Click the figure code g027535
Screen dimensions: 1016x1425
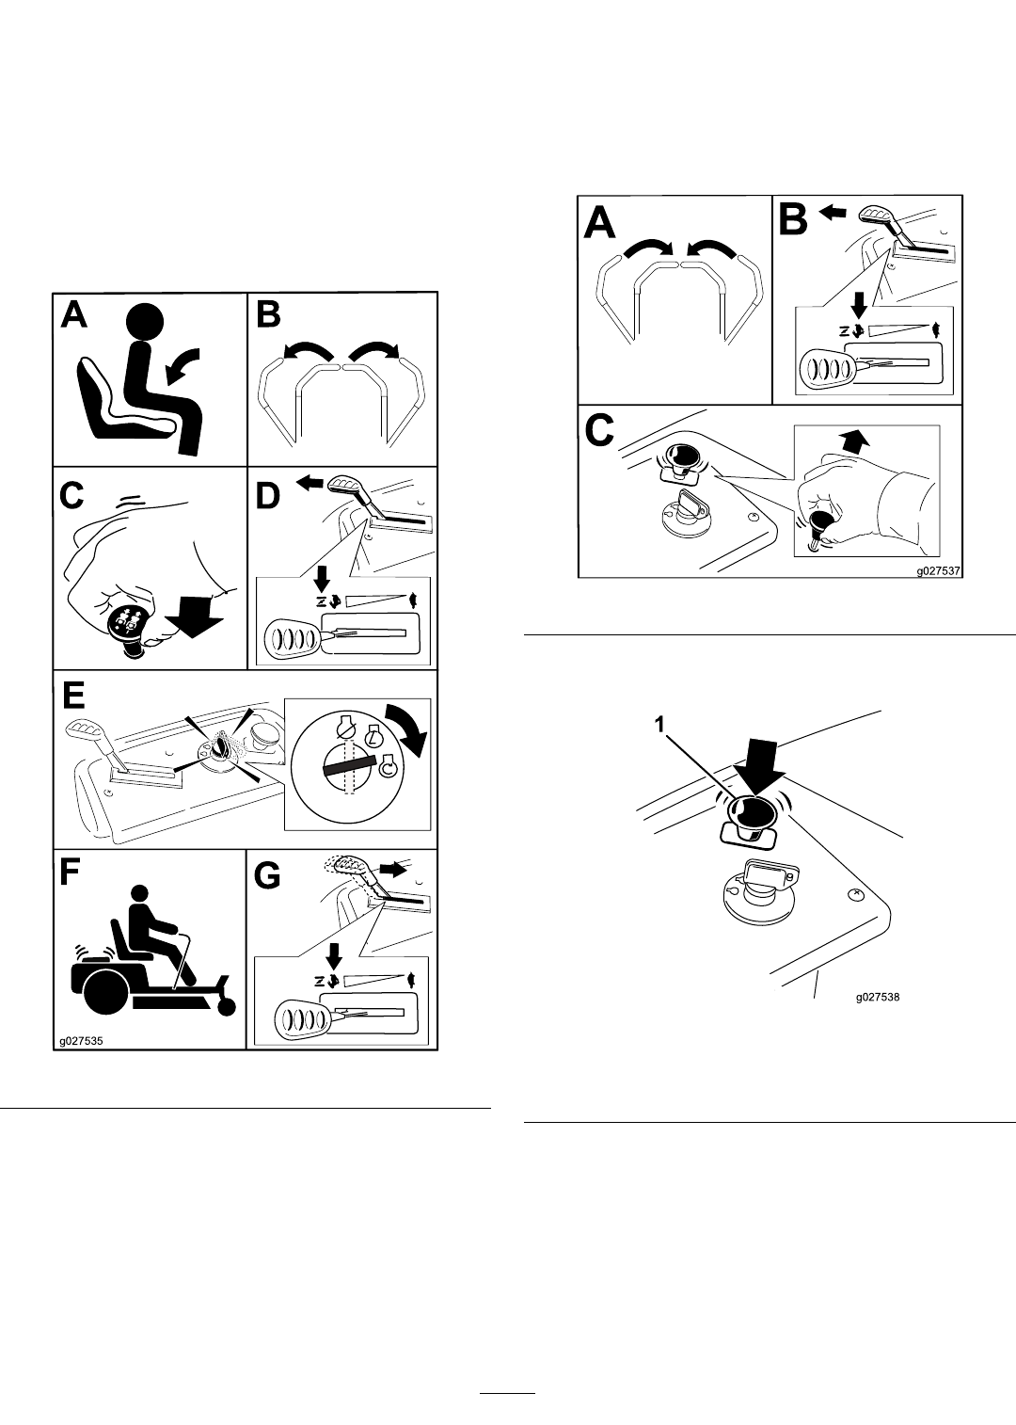click(81, 1041)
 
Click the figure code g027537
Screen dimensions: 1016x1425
click(938, 570)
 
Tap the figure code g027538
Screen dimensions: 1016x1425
click(878, 1015)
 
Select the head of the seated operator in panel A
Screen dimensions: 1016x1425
click(146, 323)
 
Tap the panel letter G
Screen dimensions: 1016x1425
click(268, 876)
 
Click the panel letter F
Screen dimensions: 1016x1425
click(70, 874)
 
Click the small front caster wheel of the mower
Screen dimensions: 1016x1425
click(226, 1007)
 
